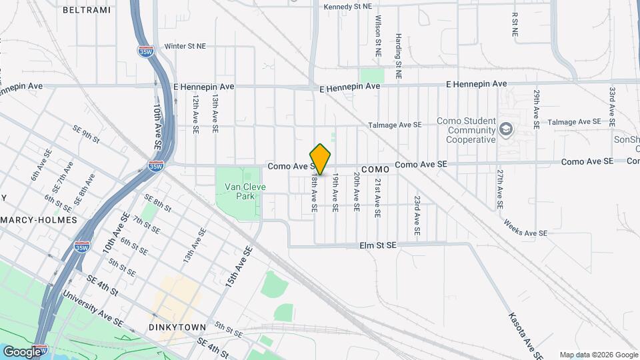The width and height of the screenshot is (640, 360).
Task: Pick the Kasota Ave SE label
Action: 523,333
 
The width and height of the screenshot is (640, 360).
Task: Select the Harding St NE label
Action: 398,57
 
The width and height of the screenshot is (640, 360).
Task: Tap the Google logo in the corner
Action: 23,351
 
